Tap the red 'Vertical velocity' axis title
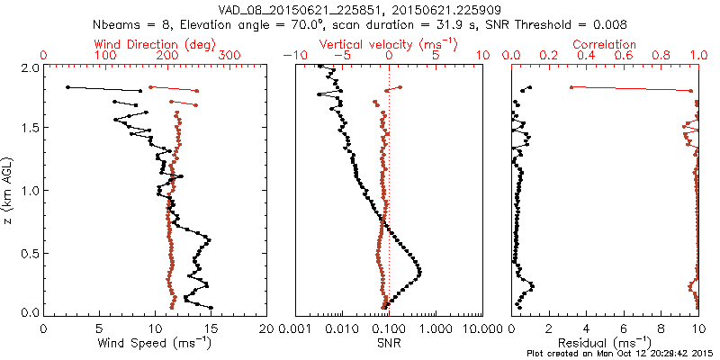389,44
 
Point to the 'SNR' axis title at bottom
389,343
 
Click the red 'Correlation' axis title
606,44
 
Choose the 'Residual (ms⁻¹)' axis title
606,343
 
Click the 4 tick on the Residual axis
587,328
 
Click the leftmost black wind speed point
67,87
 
